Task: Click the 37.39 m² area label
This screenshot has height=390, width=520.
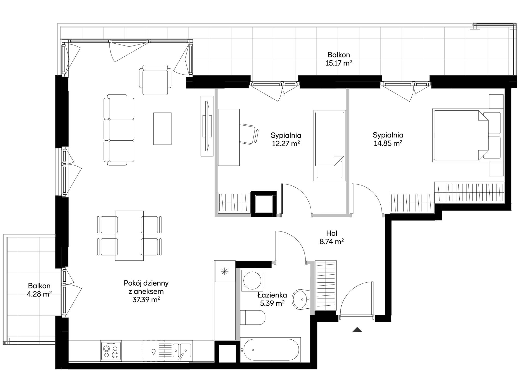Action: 146,300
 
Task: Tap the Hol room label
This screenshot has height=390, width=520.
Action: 332,233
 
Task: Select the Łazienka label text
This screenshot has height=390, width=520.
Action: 272,295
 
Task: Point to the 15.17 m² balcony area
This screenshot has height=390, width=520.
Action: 339,63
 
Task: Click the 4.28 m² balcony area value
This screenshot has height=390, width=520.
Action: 39,294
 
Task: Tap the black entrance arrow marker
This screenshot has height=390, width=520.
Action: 357,330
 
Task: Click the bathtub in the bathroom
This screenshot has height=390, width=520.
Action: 270,349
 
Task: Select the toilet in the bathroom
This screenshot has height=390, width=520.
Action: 252,318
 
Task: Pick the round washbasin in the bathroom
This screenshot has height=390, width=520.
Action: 301,300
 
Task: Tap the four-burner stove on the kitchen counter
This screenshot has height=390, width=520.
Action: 111,351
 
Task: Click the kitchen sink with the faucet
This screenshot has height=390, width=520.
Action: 175,351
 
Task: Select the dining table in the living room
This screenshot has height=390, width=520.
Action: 129,236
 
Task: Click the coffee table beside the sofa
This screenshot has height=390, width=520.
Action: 162,129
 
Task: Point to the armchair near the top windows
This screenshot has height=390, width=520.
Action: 155,80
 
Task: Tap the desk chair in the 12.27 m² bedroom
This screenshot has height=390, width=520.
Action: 249,134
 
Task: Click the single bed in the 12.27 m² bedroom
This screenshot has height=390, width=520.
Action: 330,146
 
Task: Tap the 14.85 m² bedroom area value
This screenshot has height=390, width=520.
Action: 388,143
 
